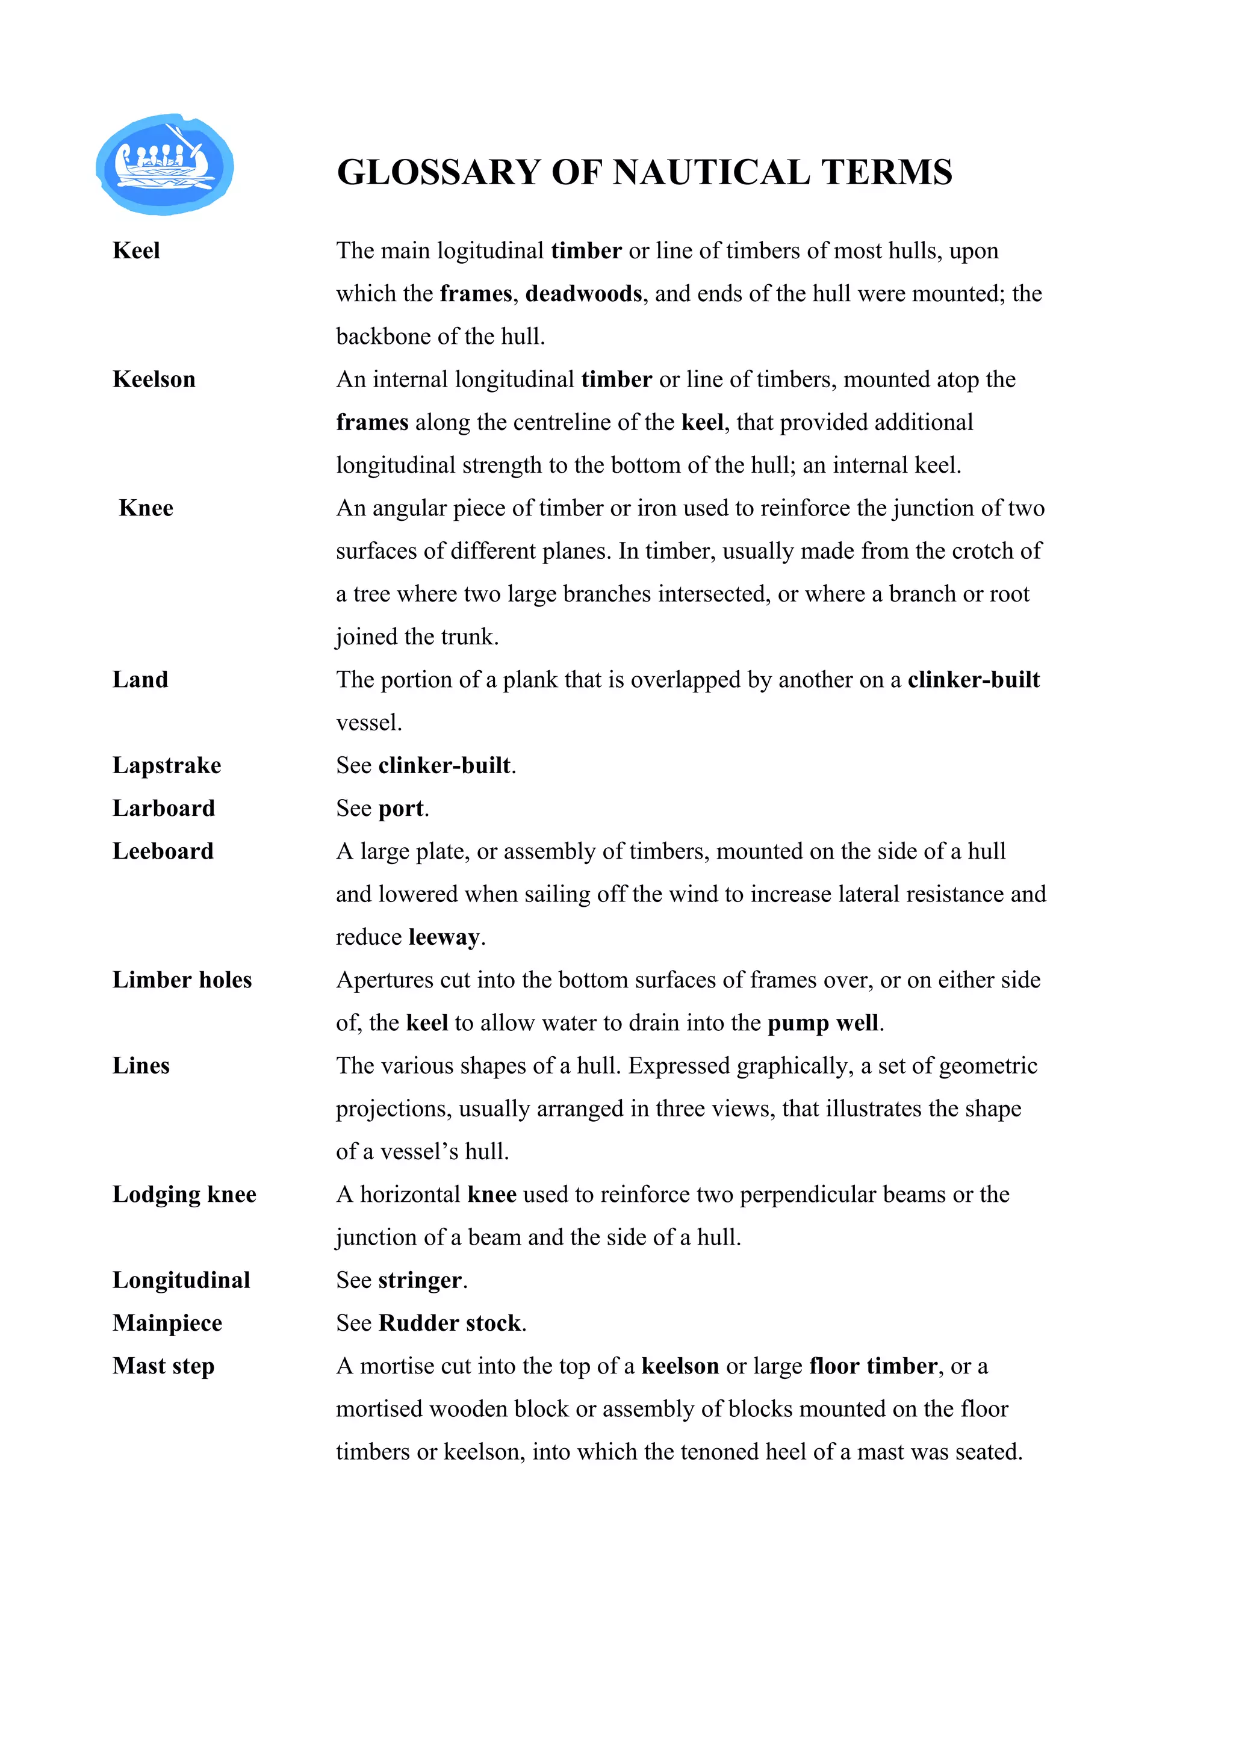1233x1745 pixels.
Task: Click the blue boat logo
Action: pos(164,164)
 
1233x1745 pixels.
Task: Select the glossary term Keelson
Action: pos(154,379)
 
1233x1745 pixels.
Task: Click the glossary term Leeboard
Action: pos(163,851)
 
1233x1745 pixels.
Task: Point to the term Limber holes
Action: pos(182,980)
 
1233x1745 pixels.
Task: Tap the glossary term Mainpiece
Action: pos(167,1323)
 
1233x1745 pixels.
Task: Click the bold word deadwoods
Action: pos(583,294)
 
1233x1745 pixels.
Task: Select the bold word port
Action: pos(400,809)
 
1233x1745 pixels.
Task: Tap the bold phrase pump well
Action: pos(823,1023)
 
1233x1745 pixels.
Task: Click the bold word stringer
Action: pos(420,1281)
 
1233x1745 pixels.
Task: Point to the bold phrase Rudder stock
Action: pos(450,1323)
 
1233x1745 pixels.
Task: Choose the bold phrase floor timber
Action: pos(873,1366)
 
